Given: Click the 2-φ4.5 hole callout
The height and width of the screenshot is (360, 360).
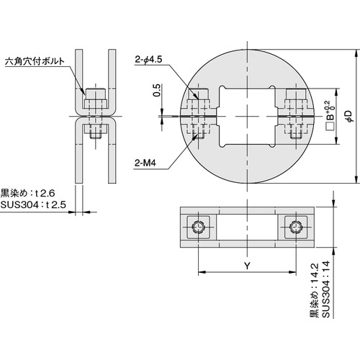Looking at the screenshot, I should (x=150, y=60).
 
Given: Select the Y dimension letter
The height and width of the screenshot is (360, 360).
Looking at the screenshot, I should (x=247, y=266).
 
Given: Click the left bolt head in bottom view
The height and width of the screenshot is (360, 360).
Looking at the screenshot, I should (x=199, y=228).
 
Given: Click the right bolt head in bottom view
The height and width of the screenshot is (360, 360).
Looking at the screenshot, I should (x=295, y=228).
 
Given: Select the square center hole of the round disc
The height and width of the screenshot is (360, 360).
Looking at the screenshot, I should (x=247, y=116).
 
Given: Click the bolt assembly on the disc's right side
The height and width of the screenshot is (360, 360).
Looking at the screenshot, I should (x=297, y=115).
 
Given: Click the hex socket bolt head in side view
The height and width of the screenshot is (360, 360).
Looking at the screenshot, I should (x=96, y=94).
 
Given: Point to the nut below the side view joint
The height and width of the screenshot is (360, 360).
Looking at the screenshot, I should (x=96, y=132).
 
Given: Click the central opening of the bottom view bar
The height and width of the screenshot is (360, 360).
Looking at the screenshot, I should (x=247, y=228).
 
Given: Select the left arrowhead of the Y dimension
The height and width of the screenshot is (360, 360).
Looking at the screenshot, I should (x=201, y=273).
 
